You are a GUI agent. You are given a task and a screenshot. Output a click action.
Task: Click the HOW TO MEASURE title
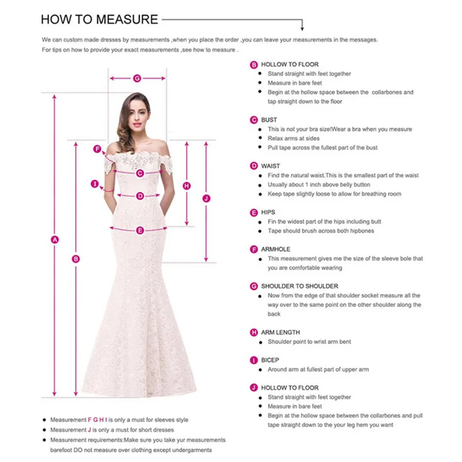[x=99, y=20]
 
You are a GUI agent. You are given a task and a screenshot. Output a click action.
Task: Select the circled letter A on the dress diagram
[x=55, y=240]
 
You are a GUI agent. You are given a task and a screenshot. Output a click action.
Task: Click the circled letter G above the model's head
[x=137, y=78]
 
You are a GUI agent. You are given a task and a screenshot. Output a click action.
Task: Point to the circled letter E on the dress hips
[x=140, y=230]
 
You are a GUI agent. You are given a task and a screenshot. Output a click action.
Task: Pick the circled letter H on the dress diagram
[x=187, y=186]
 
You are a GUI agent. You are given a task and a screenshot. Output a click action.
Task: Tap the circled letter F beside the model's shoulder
[x=98, y=149]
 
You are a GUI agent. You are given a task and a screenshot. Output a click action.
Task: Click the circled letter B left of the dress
[x=76, y=259]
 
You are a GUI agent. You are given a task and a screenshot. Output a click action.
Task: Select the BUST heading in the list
[x=269, y=120]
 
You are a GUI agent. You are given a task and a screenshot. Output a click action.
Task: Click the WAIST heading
[x=270, y=166]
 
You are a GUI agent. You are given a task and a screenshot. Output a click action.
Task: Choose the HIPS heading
[x=268, y=213]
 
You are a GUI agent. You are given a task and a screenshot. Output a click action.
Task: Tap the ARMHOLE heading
[x=275, y=249]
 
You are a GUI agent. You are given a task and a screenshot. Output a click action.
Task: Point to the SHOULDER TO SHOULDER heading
[x=300, y=286]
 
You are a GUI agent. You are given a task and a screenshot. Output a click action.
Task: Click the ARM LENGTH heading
[x=280, y=333]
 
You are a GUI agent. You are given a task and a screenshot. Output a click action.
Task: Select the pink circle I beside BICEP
[x=254, y=360]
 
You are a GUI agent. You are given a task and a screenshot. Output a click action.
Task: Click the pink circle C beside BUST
[x=254, y=120]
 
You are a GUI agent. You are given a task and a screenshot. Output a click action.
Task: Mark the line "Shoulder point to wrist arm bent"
[x=310, y=342]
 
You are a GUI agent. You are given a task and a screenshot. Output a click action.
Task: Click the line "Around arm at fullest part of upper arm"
[x=318, y=370]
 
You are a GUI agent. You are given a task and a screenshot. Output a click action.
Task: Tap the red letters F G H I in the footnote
[x=97, y=420]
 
